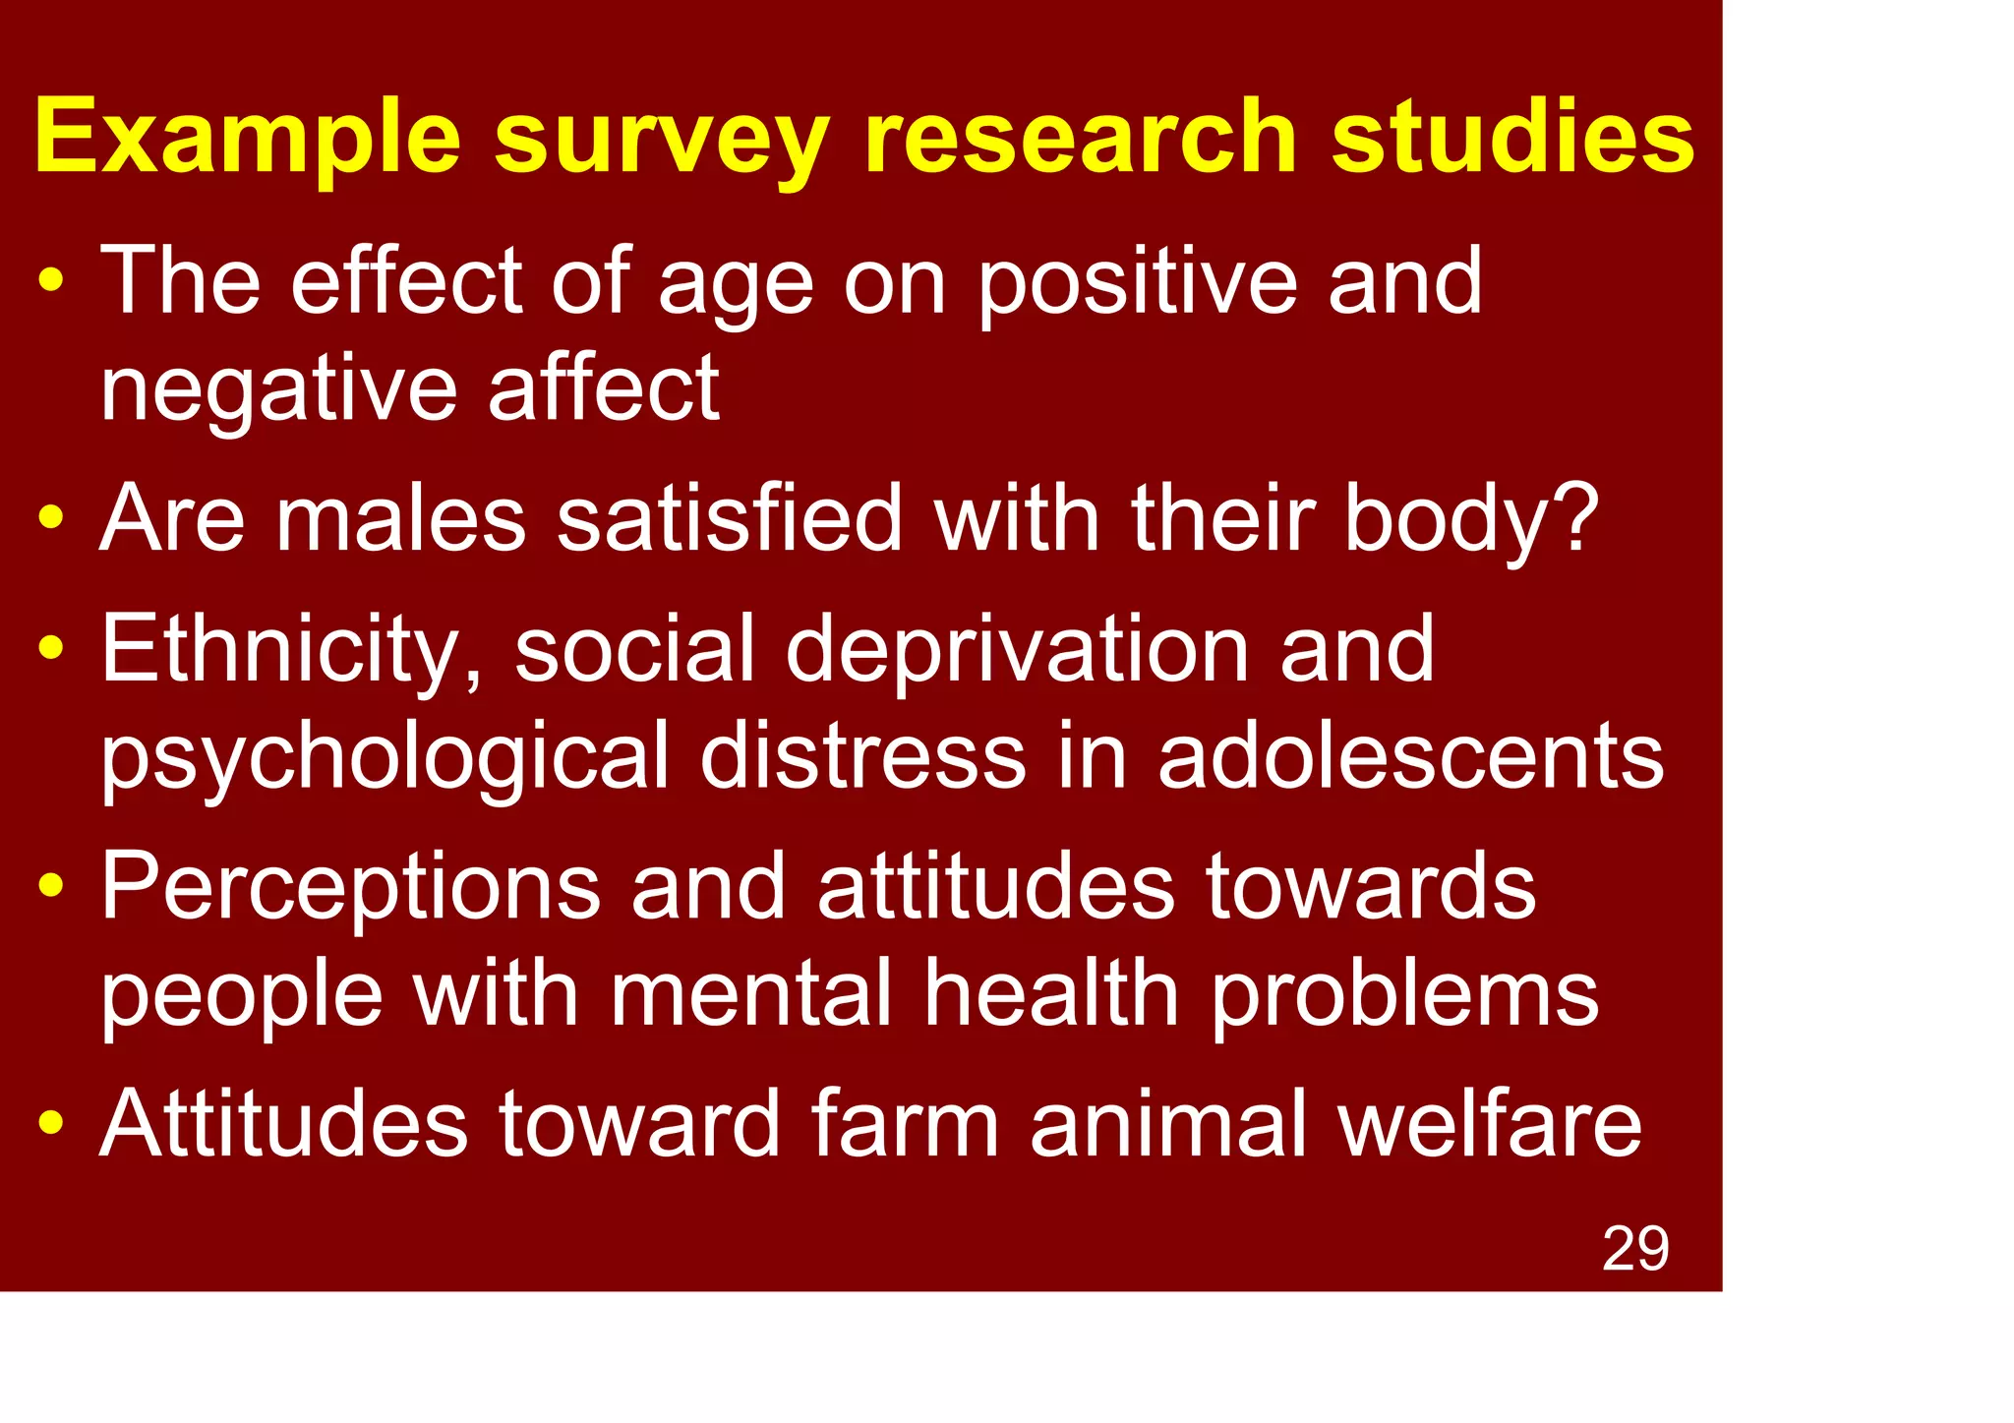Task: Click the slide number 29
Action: click(1635, 1249)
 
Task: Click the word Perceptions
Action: click(350, 887)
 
